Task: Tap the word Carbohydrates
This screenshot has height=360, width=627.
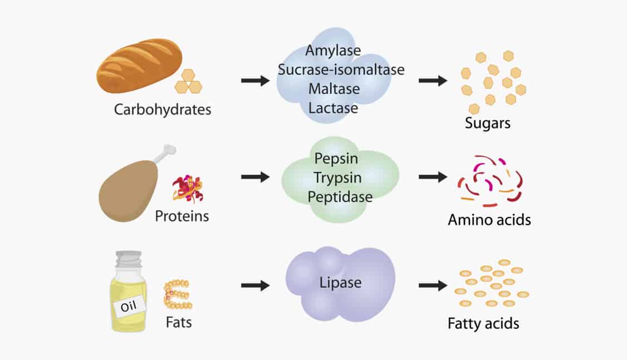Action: tap(163, 109)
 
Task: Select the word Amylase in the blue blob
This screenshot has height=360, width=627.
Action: tap(333, 51)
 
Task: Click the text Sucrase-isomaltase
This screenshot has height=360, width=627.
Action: tap(341, 70)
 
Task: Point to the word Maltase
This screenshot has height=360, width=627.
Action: tap(334, 88)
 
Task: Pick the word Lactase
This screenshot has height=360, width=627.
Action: tap(333, 108)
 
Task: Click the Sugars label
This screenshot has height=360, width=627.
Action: tap(488, 124)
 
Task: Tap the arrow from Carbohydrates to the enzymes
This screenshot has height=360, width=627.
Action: tap(255, 81)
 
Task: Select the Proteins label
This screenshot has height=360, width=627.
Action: tap(182, 216)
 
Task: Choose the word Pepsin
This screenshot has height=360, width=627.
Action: tap(337, 159)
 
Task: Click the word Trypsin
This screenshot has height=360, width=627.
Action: tap(337, 177)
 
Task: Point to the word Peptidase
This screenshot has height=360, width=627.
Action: tap(340, 196)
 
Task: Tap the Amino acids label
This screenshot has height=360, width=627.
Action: tap(489, 220)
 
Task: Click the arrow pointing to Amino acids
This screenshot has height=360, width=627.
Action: tap(433, 177)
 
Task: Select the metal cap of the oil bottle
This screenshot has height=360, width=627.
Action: tap(129, 259)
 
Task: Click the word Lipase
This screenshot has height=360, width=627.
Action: tap(340, 283)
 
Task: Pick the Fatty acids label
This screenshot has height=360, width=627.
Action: tap(483, 323)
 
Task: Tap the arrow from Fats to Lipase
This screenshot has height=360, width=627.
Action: tap(255, 285)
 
